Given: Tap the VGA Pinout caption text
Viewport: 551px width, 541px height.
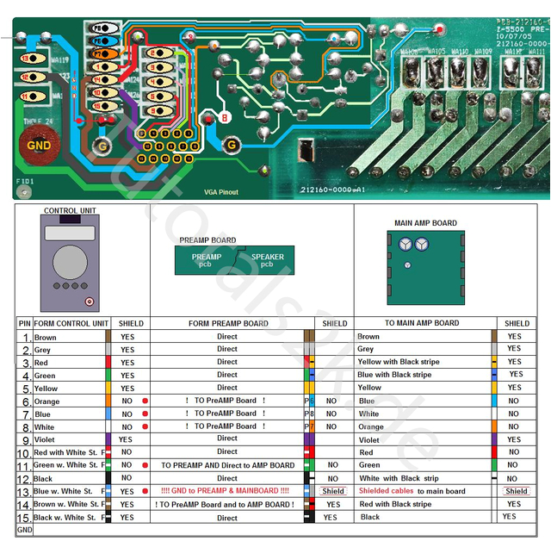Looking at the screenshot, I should (220, 192).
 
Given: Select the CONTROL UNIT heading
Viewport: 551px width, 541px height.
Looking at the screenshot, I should (71, 211).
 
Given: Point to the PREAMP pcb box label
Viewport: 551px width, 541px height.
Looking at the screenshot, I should (206, 259).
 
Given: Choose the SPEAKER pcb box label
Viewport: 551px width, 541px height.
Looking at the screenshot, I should (267, 259).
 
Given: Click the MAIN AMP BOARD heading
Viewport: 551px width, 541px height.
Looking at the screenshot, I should (425, 223).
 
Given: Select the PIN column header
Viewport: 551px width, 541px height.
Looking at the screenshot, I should (24, 324).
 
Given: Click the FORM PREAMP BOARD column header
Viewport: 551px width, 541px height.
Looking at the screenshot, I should (227, 324).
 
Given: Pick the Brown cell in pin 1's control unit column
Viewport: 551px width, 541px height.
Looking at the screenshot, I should (46, 338).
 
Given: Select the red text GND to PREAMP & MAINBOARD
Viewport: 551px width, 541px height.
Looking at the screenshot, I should (226, 491).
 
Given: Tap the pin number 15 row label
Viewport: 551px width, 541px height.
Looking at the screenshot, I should (24, 518).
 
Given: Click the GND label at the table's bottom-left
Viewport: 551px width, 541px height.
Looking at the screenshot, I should (24, 531).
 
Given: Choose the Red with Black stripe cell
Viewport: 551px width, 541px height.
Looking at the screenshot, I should (395, 504).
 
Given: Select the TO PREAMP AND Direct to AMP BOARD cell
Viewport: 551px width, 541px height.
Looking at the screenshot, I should (227, 465).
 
